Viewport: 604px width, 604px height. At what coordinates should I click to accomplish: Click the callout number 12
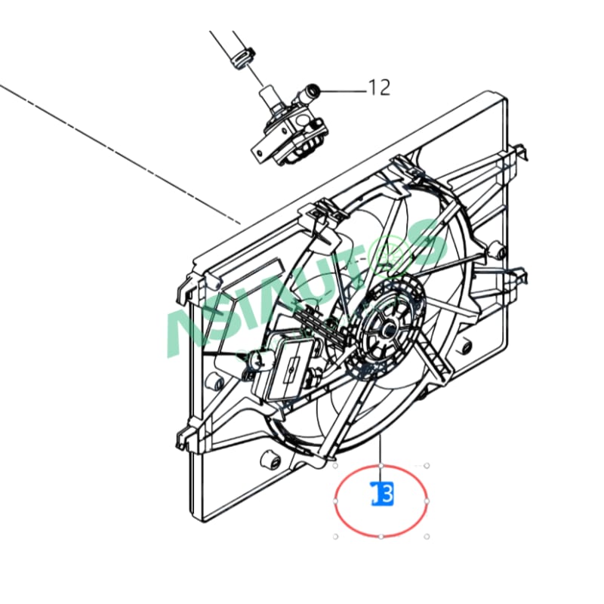pyautogui.click(x=380, y=88)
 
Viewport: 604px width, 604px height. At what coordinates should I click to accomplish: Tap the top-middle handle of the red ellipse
pyautogui.click(x=381, y=464)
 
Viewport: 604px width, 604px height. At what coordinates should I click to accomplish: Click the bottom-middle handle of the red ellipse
pyautogui.click(x=381, y=536)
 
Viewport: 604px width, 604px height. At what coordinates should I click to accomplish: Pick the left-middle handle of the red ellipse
pyautogui.click(x=335, y=500)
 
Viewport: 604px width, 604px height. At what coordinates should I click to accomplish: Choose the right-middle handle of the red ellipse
pyautogui.click(x=427, y=500)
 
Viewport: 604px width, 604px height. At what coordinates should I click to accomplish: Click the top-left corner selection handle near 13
pyautogui.click(x=335, y=465)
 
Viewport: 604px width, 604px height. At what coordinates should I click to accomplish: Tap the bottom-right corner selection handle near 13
pyautogui.click(x=427, y=536)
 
